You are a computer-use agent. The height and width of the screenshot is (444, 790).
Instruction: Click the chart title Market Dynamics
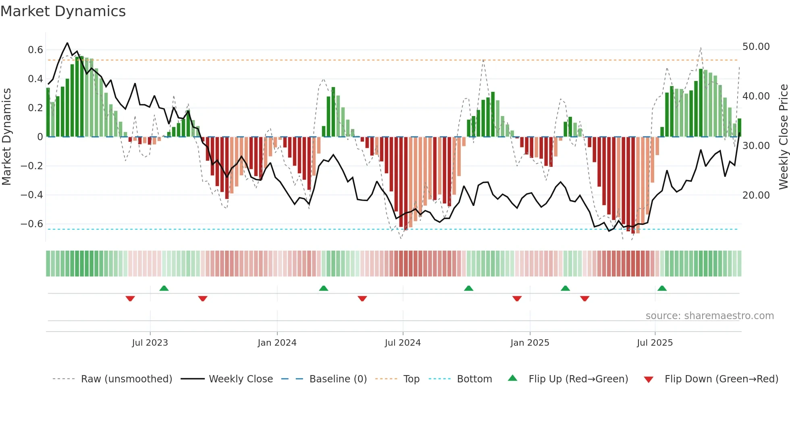[x=63, y=11]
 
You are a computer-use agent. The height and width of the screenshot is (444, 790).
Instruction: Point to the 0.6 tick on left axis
[x=35, y=50]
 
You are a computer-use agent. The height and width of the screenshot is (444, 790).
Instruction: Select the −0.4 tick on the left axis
[x=31, y=195]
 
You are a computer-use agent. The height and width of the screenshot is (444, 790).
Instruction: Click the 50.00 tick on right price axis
[x=756, y=47]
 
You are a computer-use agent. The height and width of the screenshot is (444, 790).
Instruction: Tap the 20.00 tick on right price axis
[x=756, y=195]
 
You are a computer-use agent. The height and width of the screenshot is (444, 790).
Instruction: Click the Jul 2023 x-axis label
[x=150, y=343]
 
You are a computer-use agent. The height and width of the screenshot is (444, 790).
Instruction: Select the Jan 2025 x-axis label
[x=530, y=343]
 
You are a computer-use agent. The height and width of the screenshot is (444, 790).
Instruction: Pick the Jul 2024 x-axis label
[x=403, y=343]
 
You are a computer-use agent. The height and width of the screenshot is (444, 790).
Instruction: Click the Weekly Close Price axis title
[x=783, y=137]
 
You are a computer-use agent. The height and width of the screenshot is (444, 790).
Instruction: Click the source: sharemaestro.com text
[x=709, y=316]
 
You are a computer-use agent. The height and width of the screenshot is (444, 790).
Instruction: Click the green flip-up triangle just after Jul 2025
[x=662, y=288]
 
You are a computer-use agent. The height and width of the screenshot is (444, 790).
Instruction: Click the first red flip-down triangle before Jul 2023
[x=130, y=299]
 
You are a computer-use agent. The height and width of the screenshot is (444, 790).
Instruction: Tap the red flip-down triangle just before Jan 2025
[x=517, y=299]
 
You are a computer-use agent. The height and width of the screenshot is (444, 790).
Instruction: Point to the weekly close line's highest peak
[x=67, y=43]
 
